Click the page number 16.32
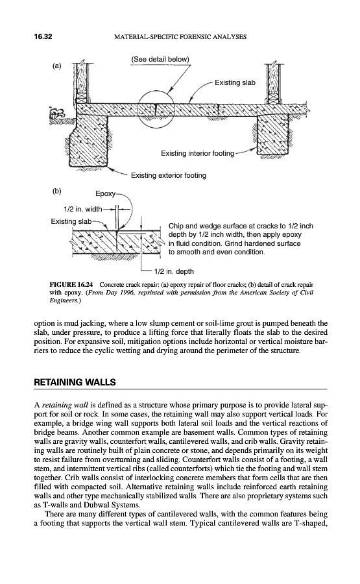click(x=43, y=36)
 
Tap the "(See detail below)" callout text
click(x=160, y=59)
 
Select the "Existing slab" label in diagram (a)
click(x=235, y=82)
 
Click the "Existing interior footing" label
click(x=198, y=153)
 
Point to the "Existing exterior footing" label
click(x=168, y=175)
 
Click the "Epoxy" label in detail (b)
click(x=105, y=193)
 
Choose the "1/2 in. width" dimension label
click(x=82, y=209)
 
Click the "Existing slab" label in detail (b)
click(x=71, y=222)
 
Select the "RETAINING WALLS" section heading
click(x=75, y=382)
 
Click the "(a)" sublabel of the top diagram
click(x=56, y=66)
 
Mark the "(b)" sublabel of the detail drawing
click(x=56, y=191)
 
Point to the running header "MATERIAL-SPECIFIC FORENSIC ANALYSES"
click(x=180, y=37)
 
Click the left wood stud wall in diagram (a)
click(x=82, y=82)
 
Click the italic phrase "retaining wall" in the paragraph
click(x=60, y=405)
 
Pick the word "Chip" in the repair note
click(x=175, y=226)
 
